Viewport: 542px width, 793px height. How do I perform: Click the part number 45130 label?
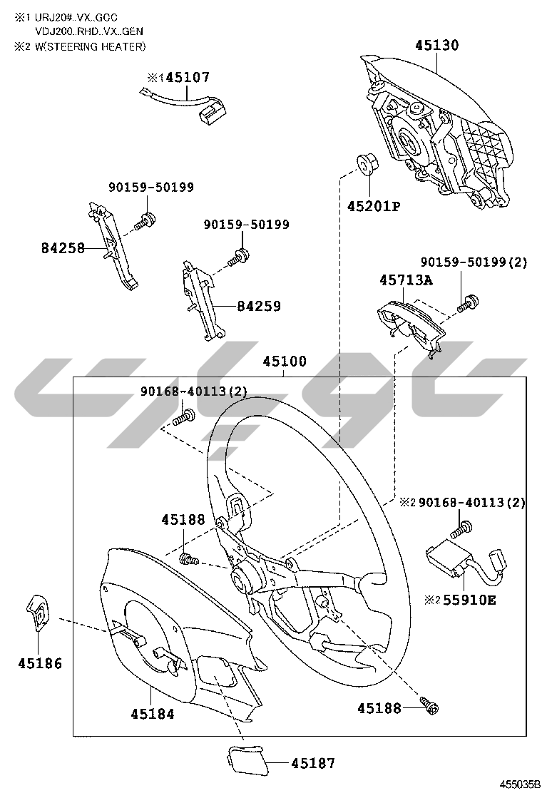pos(437,45)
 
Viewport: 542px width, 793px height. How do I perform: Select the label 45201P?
pos(374,206)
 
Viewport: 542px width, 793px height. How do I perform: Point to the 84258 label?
pos(63,248)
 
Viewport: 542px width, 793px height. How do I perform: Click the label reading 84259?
pos(259,306)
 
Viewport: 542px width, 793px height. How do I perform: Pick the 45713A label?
pos(406,280)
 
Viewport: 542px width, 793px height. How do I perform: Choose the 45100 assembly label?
pos(285,362)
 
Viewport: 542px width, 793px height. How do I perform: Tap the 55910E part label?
pos(470,600)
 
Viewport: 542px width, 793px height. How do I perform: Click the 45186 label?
pos(40,663)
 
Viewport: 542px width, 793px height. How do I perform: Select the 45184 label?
pos(152,714)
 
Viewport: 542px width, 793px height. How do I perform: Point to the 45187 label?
pos(313,763)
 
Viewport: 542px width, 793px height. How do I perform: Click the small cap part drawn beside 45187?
pos(245,759)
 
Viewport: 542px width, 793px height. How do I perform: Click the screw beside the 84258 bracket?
pos(145,220)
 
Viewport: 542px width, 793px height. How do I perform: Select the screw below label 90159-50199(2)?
pos(468,302)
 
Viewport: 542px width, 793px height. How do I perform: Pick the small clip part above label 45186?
pos(39,612)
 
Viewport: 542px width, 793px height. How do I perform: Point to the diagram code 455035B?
pos(520,784)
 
